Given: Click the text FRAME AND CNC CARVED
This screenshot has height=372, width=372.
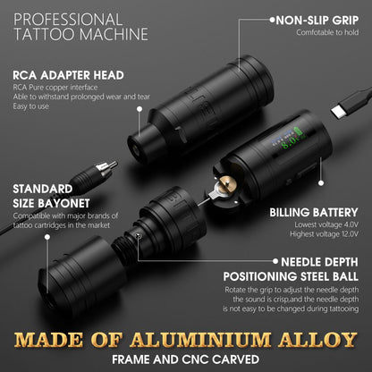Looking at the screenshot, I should click(x=186, y=360).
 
